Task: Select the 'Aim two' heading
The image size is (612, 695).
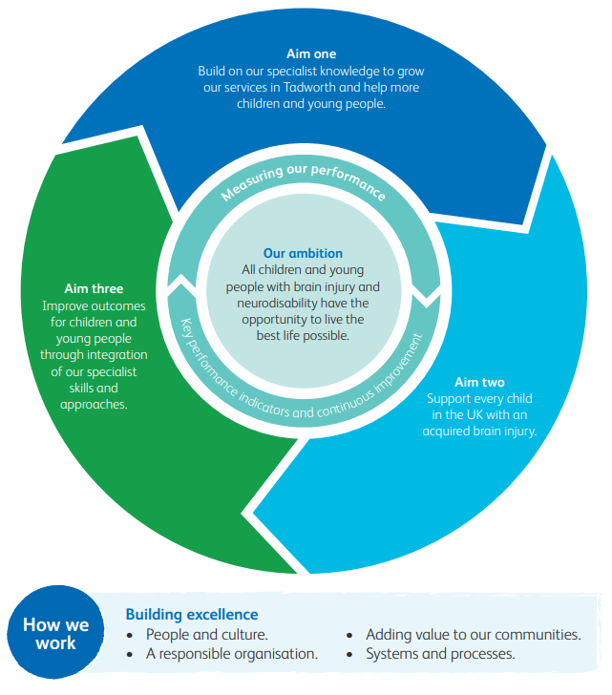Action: tap(479, 382)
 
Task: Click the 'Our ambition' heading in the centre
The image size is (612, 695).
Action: tap(303, 254)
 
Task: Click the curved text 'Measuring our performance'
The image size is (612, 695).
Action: tap(303, 179)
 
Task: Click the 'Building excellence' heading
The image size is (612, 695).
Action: tap(191, 615)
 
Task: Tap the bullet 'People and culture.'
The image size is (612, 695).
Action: tap(206, 634)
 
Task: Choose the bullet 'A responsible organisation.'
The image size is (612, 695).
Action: tap(231, 654)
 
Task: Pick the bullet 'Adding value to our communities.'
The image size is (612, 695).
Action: tap(473, 634)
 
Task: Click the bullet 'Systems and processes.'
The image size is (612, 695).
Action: tap(440, 654)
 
